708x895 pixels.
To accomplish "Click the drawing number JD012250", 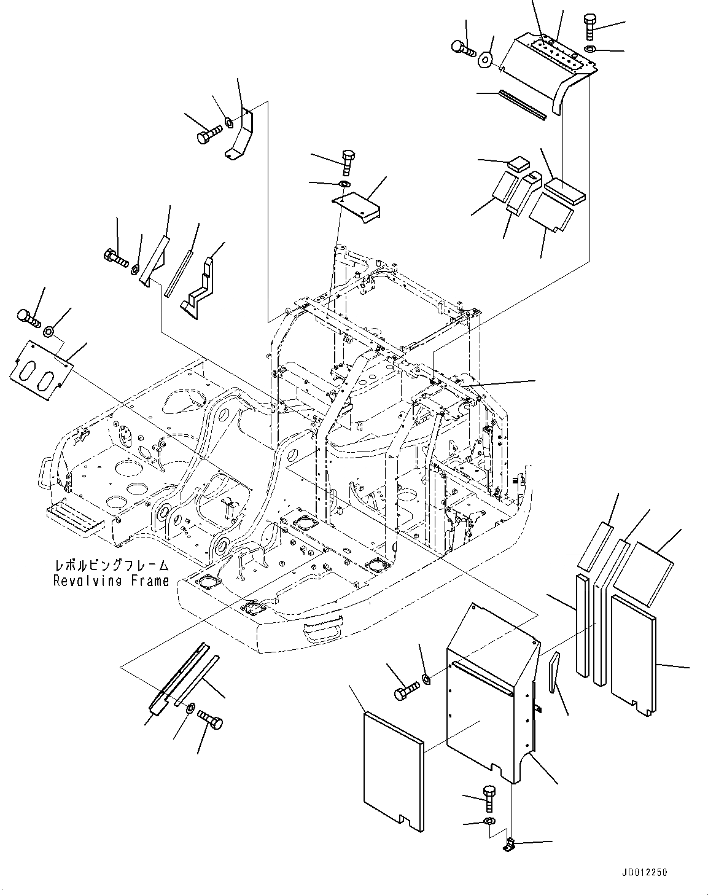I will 644,872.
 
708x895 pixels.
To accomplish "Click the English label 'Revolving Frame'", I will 111,580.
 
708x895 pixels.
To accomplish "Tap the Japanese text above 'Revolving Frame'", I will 111,566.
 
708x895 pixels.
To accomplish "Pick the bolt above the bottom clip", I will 489,798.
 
